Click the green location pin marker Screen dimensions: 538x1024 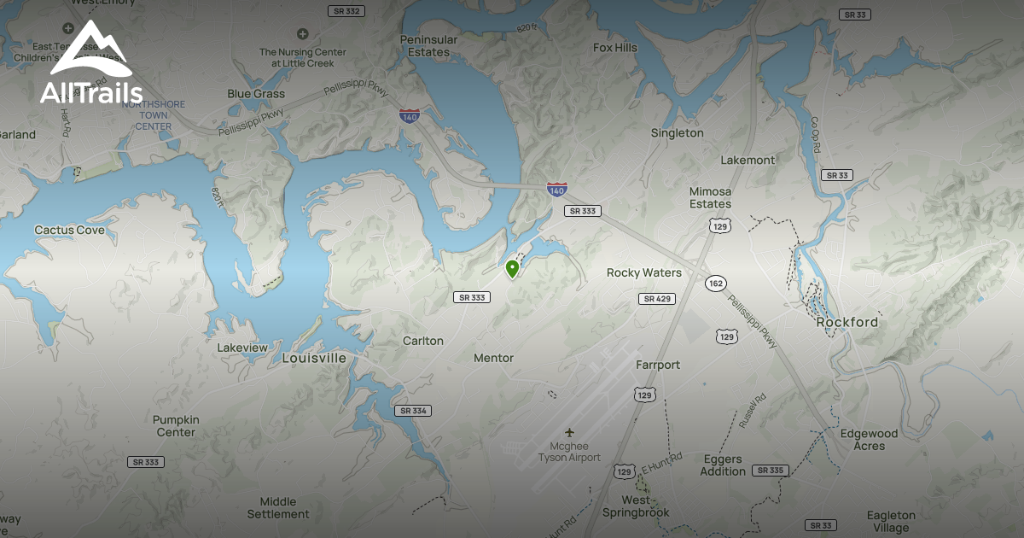pyautogui.click(x=512, y=269)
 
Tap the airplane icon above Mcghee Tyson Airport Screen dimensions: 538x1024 pyautogui.click(x=569, y=433)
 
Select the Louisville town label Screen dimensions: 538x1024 pyautogui.click(x=314, y=359)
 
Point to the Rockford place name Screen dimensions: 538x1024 pyautogui.click(x=847, y=323)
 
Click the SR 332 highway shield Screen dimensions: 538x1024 pyautogui.click(x=346, y=10)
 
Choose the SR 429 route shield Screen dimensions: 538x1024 pyautogui.click(x=656, y=299)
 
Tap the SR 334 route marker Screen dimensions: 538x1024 pyautogui.click(x=413, y=411)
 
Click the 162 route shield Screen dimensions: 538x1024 pyautogui.click(x=715, y=284)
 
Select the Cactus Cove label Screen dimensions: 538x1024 pyautogui.click(x=70, y=231)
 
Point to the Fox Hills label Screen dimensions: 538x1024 pyautogui.click(x=615, y=48)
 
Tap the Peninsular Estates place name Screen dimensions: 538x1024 pyautogui.click(x=428, y=46)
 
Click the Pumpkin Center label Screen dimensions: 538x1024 pyautogui.click(x=176, y=426)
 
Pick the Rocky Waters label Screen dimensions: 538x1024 pyautogui.click(x=644, y=273)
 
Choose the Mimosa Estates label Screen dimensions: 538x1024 pyautogui.click(x=711, y=198)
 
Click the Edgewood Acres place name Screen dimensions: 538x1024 pyautogui.click(x=869, y=440)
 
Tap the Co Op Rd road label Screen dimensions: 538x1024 pyautogui.click(x=815, y=134)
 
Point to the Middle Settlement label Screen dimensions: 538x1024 pyautogui.click(x=278, y=508)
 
